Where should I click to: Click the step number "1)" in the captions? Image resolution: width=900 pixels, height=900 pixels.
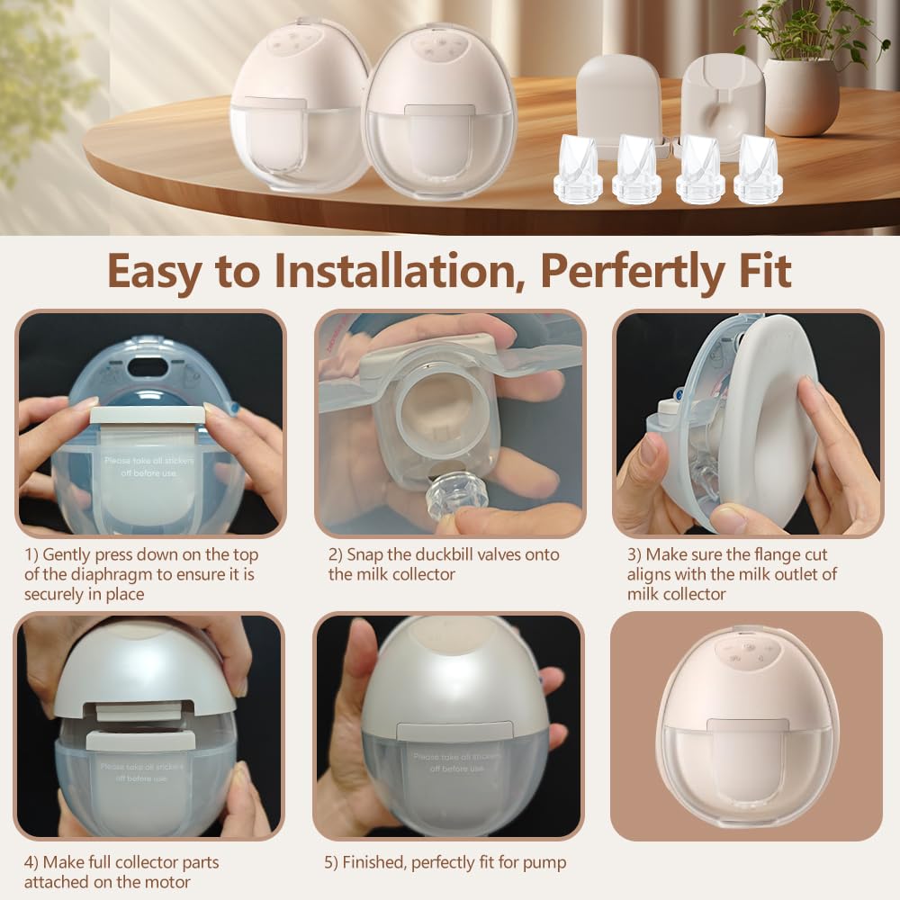(x=32, y=555)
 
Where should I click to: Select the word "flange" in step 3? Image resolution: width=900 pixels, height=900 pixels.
(x=756, y=554)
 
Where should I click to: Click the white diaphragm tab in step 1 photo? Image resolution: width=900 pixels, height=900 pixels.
(x=147, y=416)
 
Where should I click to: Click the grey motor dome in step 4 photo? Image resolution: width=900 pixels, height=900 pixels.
(x=144, y=666)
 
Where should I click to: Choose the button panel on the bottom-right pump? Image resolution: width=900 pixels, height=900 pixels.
(x=742, y=654)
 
